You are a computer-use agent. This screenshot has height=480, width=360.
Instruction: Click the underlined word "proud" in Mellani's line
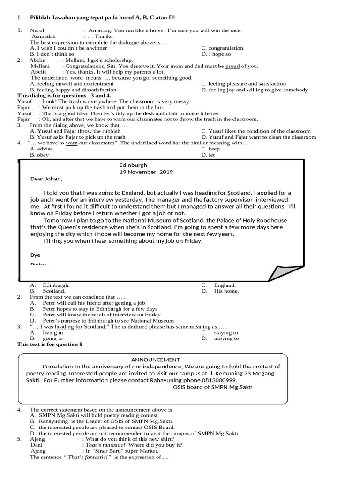tap(232, 66)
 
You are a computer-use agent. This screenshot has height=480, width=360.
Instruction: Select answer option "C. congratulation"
tap(222, 48)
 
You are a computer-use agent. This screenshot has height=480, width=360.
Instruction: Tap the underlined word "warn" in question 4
tap(71, 143)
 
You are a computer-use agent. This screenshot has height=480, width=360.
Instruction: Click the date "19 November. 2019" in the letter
tap(146, 172)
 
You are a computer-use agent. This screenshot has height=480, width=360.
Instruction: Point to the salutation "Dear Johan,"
tap(46, 179)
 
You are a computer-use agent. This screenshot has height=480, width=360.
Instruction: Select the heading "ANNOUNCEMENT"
tap(155, 360)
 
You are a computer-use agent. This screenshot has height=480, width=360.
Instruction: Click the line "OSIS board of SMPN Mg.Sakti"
tap(212, 387)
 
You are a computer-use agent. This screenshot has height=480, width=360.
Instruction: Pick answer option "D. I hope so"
tap(216, 54)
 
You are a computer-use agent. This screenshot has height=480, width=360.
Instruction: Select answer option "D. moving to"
tap(220, 338)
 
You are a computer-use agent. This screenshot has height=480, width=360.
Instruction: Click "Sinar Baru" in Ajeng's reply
tap(108, 451)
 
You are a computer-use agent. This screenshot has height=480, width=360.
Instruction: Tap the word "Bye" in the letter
tap(35, 255)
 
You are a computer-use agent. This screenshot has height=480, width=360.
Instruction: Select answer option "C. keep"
tap(210, 149)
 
